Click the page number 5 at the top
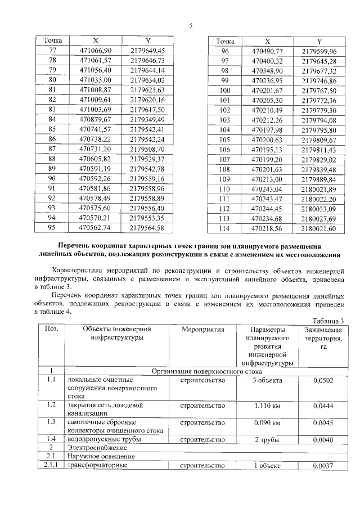tap(191, 26)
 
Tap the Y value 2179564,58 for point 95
tap(147, 227)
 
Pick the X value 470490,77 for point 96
tap(267, 51)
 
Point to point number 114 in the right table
tap(225, 228)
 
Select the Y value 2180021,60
tap(318, 228)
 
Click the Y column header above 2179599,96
tap(319, 42)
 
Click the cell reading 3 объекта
tap(267, 381)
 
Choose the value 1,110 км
tap(267, 404)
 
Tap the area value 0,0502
tap(323, 381)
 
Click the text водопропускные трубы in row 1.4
tap(102, 439)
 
